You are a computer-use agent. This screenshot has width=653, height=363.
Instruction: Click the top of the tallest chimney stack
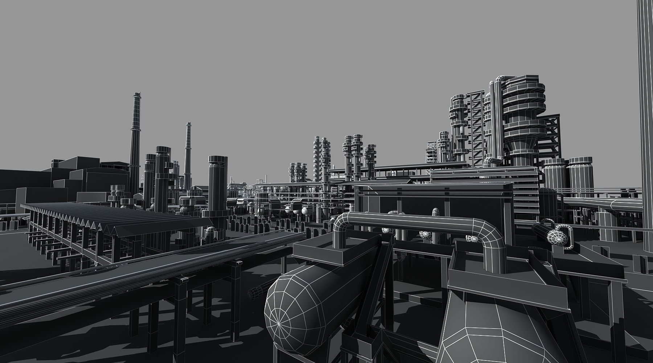click(136, 95)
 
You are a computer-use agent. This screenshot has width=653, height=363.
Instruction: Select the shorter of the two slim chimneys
click(188, 152)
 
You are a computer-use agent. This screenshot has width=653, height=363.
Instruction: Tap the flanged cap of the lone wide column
click(218, 160)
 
